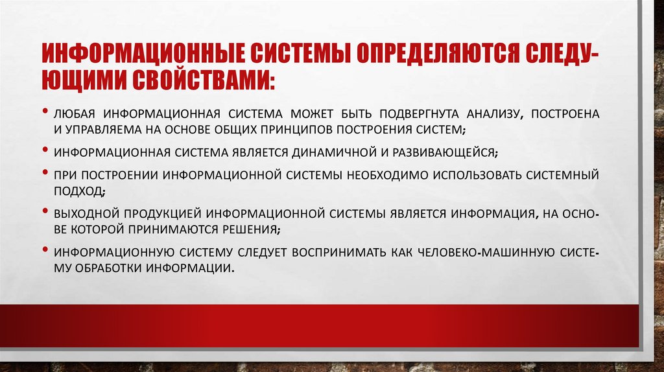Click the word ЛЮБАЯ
(x=74, y=114)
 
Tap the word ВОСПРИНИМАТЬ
(x=348, y=251)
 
